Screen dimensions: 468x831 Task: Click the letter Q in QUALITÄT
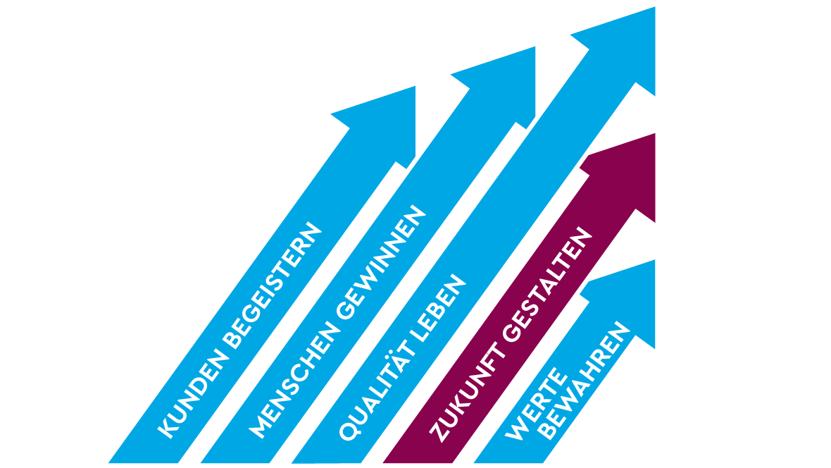point(346,431)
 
